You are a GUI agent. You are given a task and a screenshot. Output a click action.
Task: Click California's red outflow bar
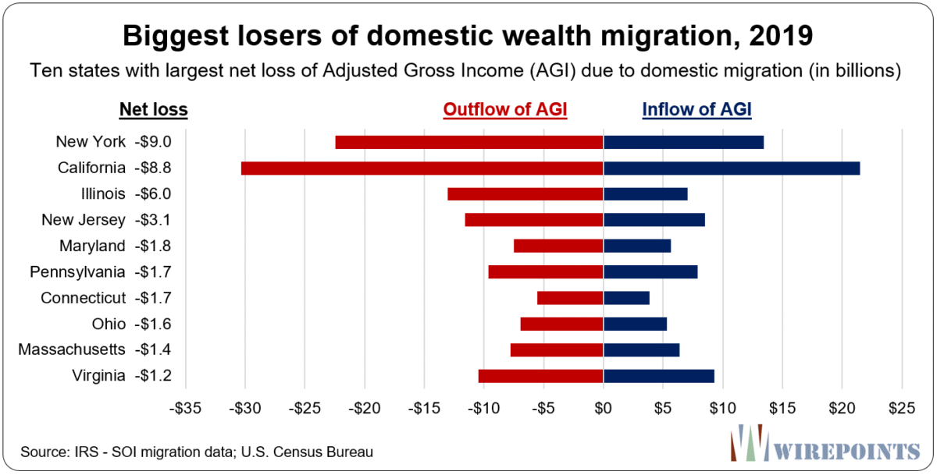point(422,168)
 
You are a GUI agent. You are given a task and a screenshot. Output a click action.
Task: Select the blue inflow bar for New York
point(683,142)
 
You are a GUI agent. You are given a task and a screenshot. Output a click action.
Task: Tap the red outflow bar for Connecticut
point(570,298)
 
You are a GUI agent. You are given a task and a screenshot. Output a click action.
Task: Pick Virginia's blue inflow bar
point(658,376)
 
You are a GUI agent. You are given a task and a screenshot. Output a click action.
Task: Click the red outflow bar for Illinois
point(525,193)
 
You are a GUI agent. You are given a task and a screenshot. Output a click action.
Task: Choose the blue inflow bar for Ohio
point(635,324)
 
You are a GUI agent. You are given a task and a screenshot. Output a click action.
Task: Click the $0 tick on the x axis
point(603,407)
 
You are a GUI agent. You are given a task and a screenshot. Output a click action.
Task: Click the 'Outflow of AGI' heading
point(505,110)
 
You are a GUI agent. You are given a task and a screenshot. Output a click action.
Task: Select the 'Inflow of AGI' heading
point(697,110)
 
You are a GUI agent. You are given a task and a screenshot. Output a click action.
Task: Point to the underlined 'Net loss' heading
point(153,110)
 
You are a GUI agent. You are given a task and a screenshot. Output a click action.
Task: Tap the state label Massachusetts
point(72,349)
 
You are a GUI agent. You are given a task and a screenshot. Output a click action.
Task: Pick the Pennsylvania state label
point(77,271)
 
